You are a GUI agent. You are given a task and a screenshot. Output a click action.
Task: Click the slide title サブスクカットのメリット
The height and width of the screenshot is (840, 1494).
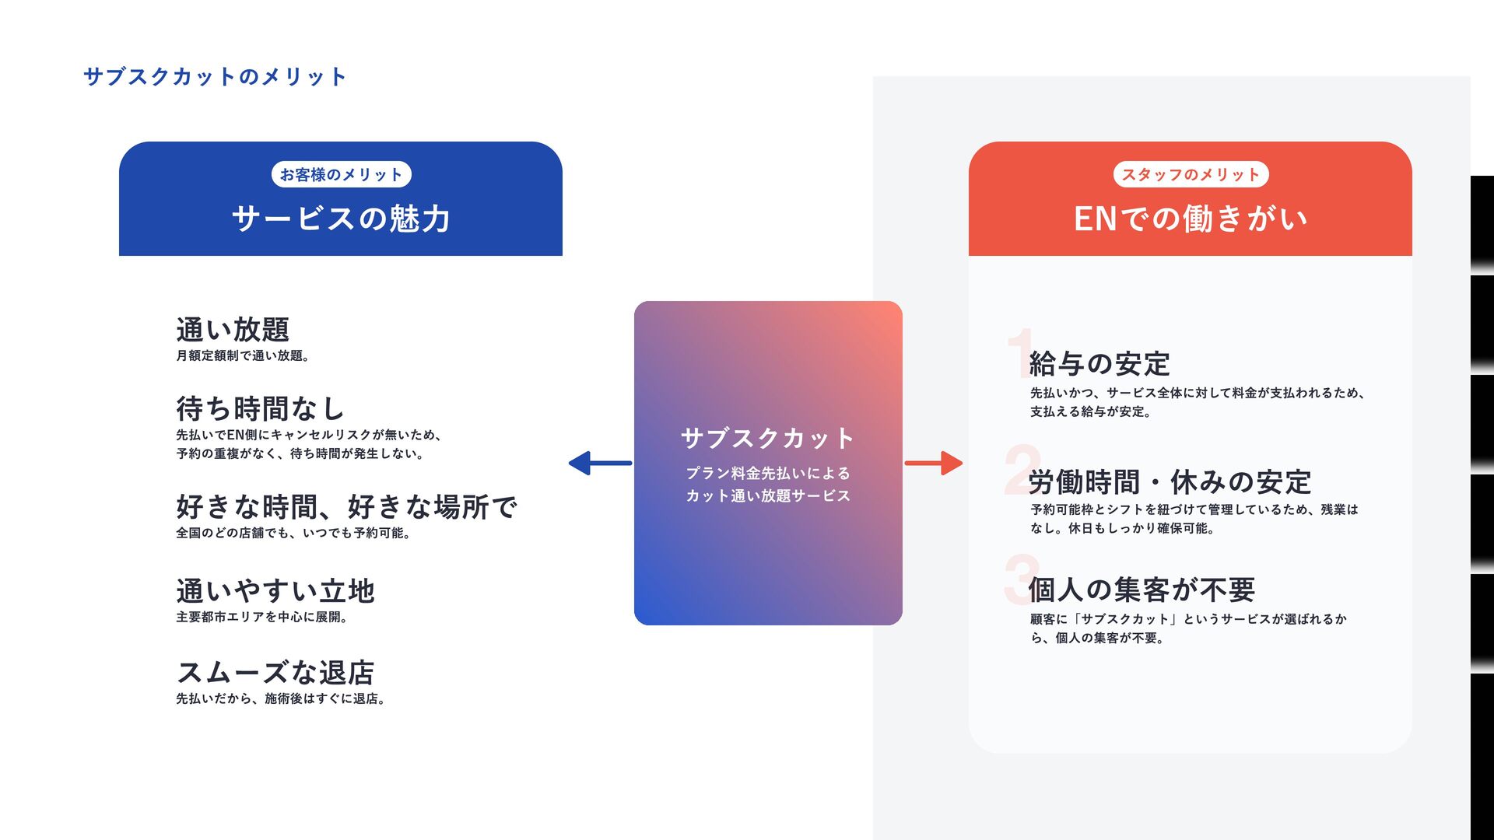pyautogui.click(x=215, y=76)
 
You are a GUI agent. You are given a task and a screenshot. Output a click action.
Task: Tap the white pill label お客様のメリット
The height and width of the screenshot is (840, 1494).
pyautogui.click(x=341, y=174)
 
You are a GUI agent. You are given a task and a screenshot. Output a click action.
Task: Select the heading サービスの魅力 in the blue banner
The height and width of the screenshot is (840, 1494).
pyautogui.click(x=341, y=219)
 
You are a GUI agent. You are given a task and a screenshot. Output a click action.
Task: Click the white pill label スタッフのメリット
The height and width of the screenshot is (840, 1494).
pyautogui.click(x=1190, y=174)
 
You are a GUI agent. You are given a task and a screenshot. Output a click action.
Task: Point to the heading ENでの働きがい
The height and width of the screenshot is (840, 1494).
pyautogui.click(x=1190, y=219)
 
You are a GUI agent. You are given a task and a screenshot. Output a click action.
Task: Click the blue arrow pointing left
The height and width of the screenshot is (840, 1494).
pyautogui.click(x=600, y=464)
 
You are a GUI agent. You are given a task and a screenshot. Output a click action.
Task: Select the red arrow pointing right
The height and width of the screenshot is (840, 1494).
pyautogui.click(x=934, y=464)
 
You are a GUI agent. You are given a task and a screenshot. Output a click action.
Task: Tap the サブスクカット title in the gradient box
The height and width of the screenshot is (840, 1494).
pyautogui.click(x=767, y=439)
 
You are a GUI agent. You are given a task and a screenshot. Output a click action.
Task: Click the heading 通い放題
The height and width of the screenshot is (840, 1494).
pyautogui.click(x=233, y=330)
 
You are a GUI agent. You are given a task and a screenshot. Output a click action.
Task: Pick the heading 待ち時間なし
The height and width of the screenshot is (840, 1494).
pyautogui.click(x=260, y=408)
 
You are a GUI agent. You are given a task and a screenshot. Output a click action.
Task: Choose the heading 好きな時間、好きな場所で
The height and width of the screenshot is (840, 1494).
pyautogui.click(x=346, y=507)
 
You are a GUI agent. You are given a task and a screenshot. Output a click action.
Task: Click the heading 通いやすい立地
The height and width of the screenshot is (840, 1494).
pyautogui.click(x=275, y=591)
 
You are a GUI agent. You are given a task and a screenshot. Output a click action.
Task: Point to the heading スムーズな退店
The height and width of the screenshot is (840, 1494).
pyautogui.click(x=275, y=673)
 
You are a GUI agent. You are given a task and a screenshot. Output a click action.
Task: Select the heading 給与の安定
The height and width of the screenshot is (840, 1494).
pyautogui.click(x=1099, y=364)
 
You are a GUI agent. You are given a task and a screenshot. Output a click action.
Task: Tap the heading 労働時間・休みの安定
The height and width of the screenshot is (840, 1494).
pyautogui.click(x=1170, y=482)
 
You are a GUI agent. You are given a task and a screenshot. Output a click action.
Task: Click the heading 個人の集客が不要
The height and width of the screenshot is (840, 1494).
pyautogui.click(x=1142, y=590)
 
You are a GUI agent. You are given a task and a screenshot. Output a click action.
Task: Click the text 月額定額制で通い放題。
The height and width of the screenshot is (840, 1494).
pyautogui.click(x=243, y=356)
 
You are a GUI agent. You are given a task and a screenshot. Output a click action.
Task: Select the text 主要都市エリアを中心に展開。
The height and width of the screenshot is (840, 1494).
pyautogui.click(x=262, y=618)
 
